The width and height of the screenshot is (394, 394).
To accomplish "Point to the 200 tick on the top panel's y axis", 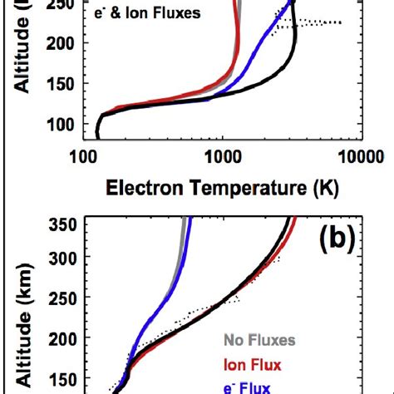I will coord(61,42).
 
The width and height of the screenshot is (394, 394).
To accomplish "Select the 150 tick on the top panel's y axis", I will coord(61,84).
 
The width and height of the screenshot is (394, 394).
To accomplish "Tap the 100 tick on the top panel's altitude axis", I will coord(61,125).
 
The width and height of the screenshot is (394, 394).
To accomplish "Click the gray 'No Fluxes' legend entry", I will coord(259,340).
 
